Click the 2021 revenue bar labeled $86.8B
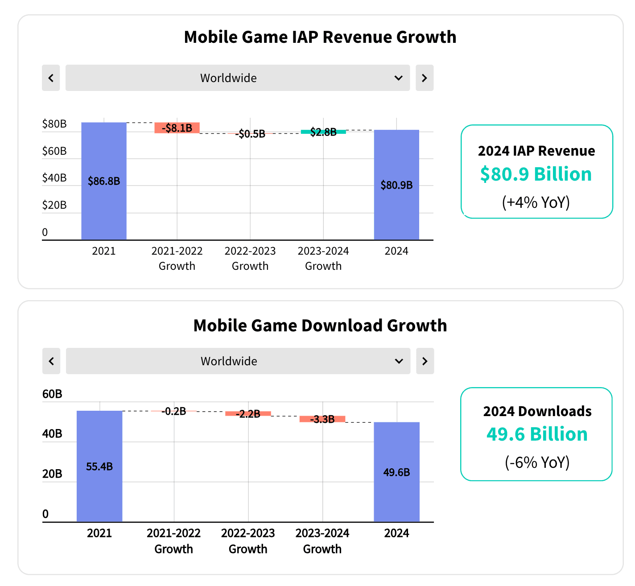click(104, 181)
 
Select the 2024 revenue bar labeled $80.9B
click(396, 185)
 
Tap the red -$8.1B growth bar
click(177, 128)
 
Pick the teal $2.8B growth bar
click(323, 132)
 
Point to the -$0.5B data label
click(252, 134)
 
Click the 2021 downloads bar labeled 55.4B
click(99, 466)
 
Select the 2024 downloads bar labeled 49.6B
click(396, 472)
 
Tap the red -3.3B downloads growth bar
click(322, 419)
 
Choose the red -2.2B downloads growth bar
click(248, 414)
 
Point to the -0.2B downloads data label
click(174, 411)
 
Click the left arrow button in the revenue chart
click(51, 78)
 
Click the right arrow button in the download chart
click(425, 361)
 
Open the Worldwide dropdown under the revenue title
click(238, 78)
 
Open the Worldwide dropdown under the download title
click(238, 361)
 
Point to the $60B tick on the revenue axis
click(54, 151)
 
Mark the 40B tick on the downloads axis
click(52, 433)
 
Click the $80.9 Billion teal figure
click(536, 174)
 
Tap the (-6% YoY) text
click(537, 462)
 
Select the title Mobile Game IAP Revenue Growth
click(320, 37)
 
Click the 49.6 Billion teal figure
click(537, 434)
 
